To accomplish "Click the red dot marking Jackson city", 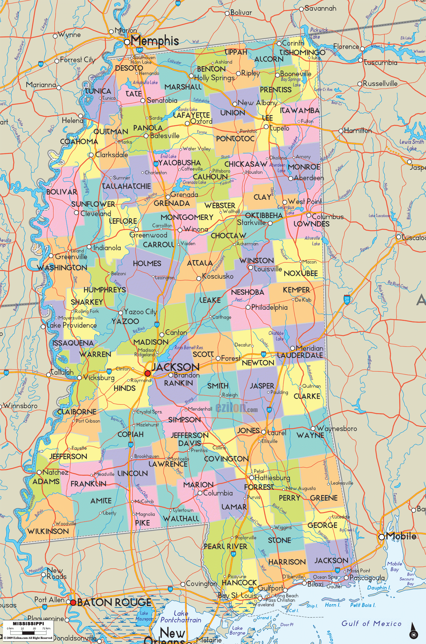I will point(148,373).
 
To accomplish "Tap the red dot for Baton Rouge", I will point(73,602).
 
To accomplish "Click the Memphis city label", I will point(155,41).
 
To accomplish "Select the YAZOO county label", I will point(125,322).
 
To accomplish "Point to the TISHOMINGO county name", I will point(302,52).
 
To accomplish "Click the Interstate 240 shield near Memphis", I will point(139,49).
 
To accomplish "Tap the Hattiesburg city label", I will point(272,478).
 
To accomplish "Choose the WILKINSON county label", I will point(48,531).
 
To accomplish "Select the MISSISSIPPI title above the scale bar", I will point(28,623).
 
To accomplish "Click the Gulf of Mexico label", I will point(371,623).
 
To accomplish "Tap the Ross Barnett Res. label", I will point(189,347).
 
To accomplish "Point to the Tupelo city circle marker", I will point(266,127).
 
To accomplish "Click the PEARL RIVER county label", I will point(225,546).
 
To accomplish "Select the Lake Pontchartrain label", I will point(181,617).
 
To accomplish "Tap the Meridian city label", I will point(310,348).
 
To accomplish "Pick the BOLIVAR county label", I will point(62,192).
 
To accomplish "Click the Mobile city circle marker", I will point(382,537).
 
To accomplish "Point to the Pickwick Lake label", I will point(319,33).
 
